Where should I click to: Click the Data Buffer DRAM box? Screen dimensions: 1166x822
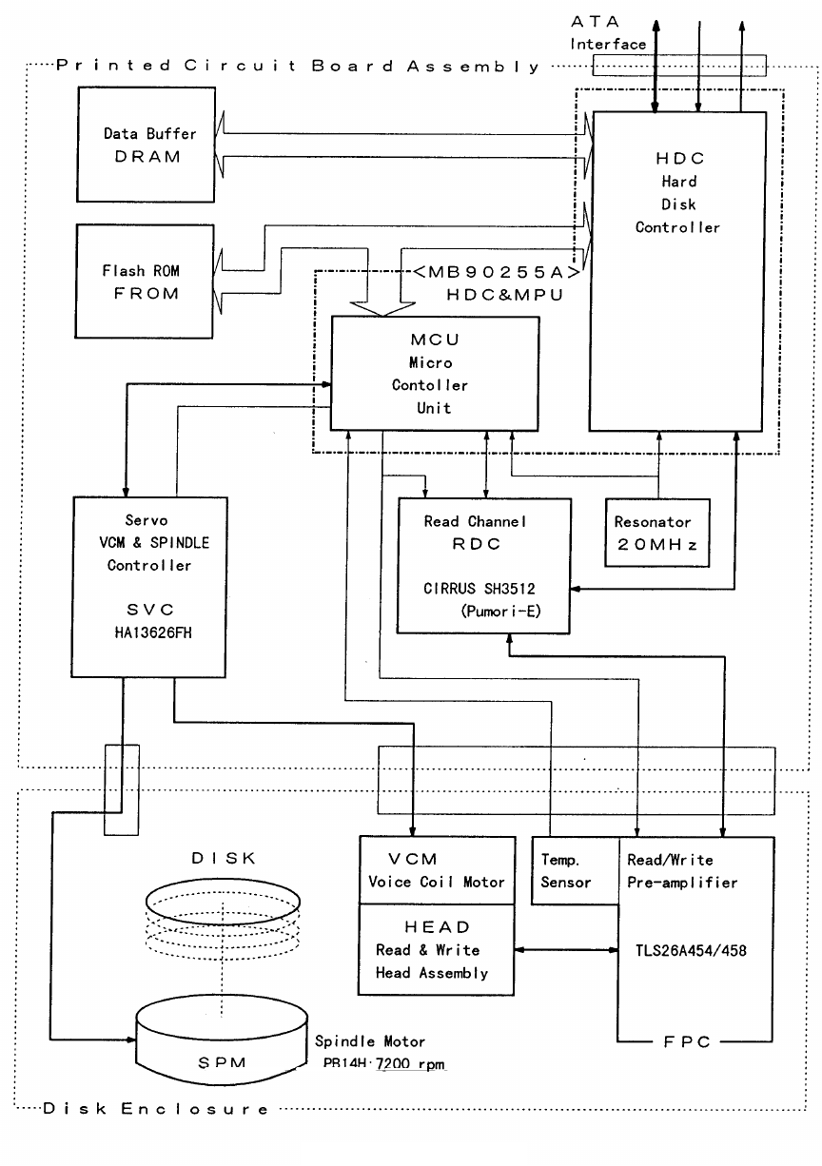[141, 146]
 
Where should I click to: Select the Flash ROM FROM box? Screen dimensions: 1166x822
[141, 282]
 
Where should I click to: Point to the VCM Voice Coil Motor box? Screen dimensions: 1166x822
[437, 870]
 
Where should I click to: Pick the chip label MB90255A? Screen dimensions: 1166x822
[496, 272]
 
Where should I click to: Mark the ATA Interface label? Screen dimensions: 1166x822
[607, 33]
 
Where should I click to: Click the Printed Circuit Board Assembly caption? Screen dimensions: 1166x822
[297, 66]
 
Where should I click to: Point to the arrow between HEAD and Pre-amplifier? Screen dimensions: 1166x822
[566, 948]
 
